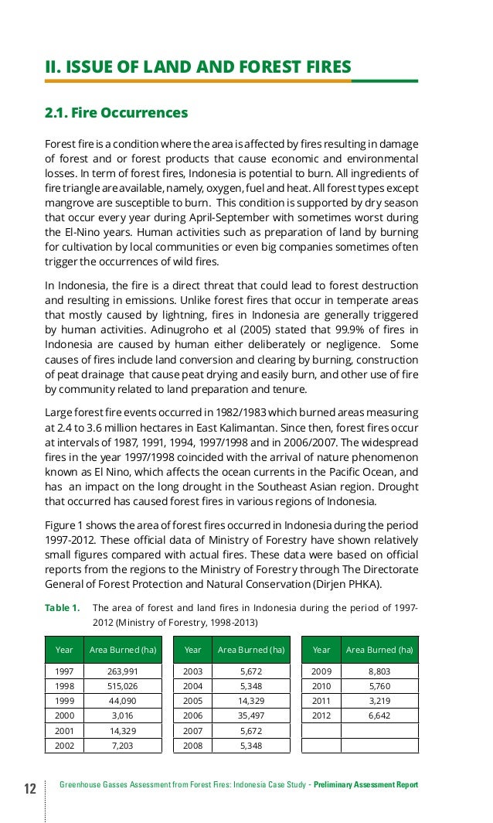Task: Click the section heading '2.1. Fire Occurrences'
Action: pos(116,114)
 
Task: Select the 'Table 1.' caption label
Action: pos(62,607)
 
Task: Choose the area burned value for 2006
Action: pos(251,715)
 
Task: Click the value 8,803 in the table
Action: pos(379,671)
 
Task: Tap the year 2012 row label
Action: pos(321,715)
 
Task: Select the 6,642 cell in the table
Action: pos(379,715)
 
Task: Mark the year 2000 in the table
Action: pos(64,715)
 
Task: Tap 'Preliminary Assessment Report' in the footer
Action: pos(365,785)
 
